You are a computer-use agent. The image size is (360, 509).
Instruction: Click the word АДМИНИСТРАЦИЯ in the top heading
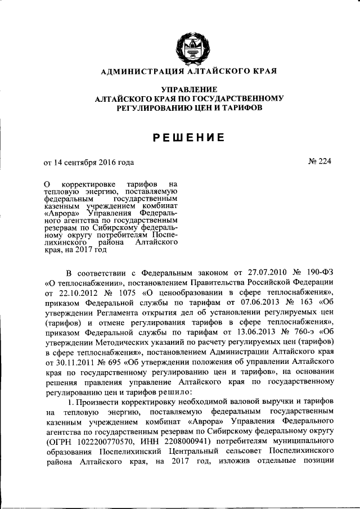pos(137,72)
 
